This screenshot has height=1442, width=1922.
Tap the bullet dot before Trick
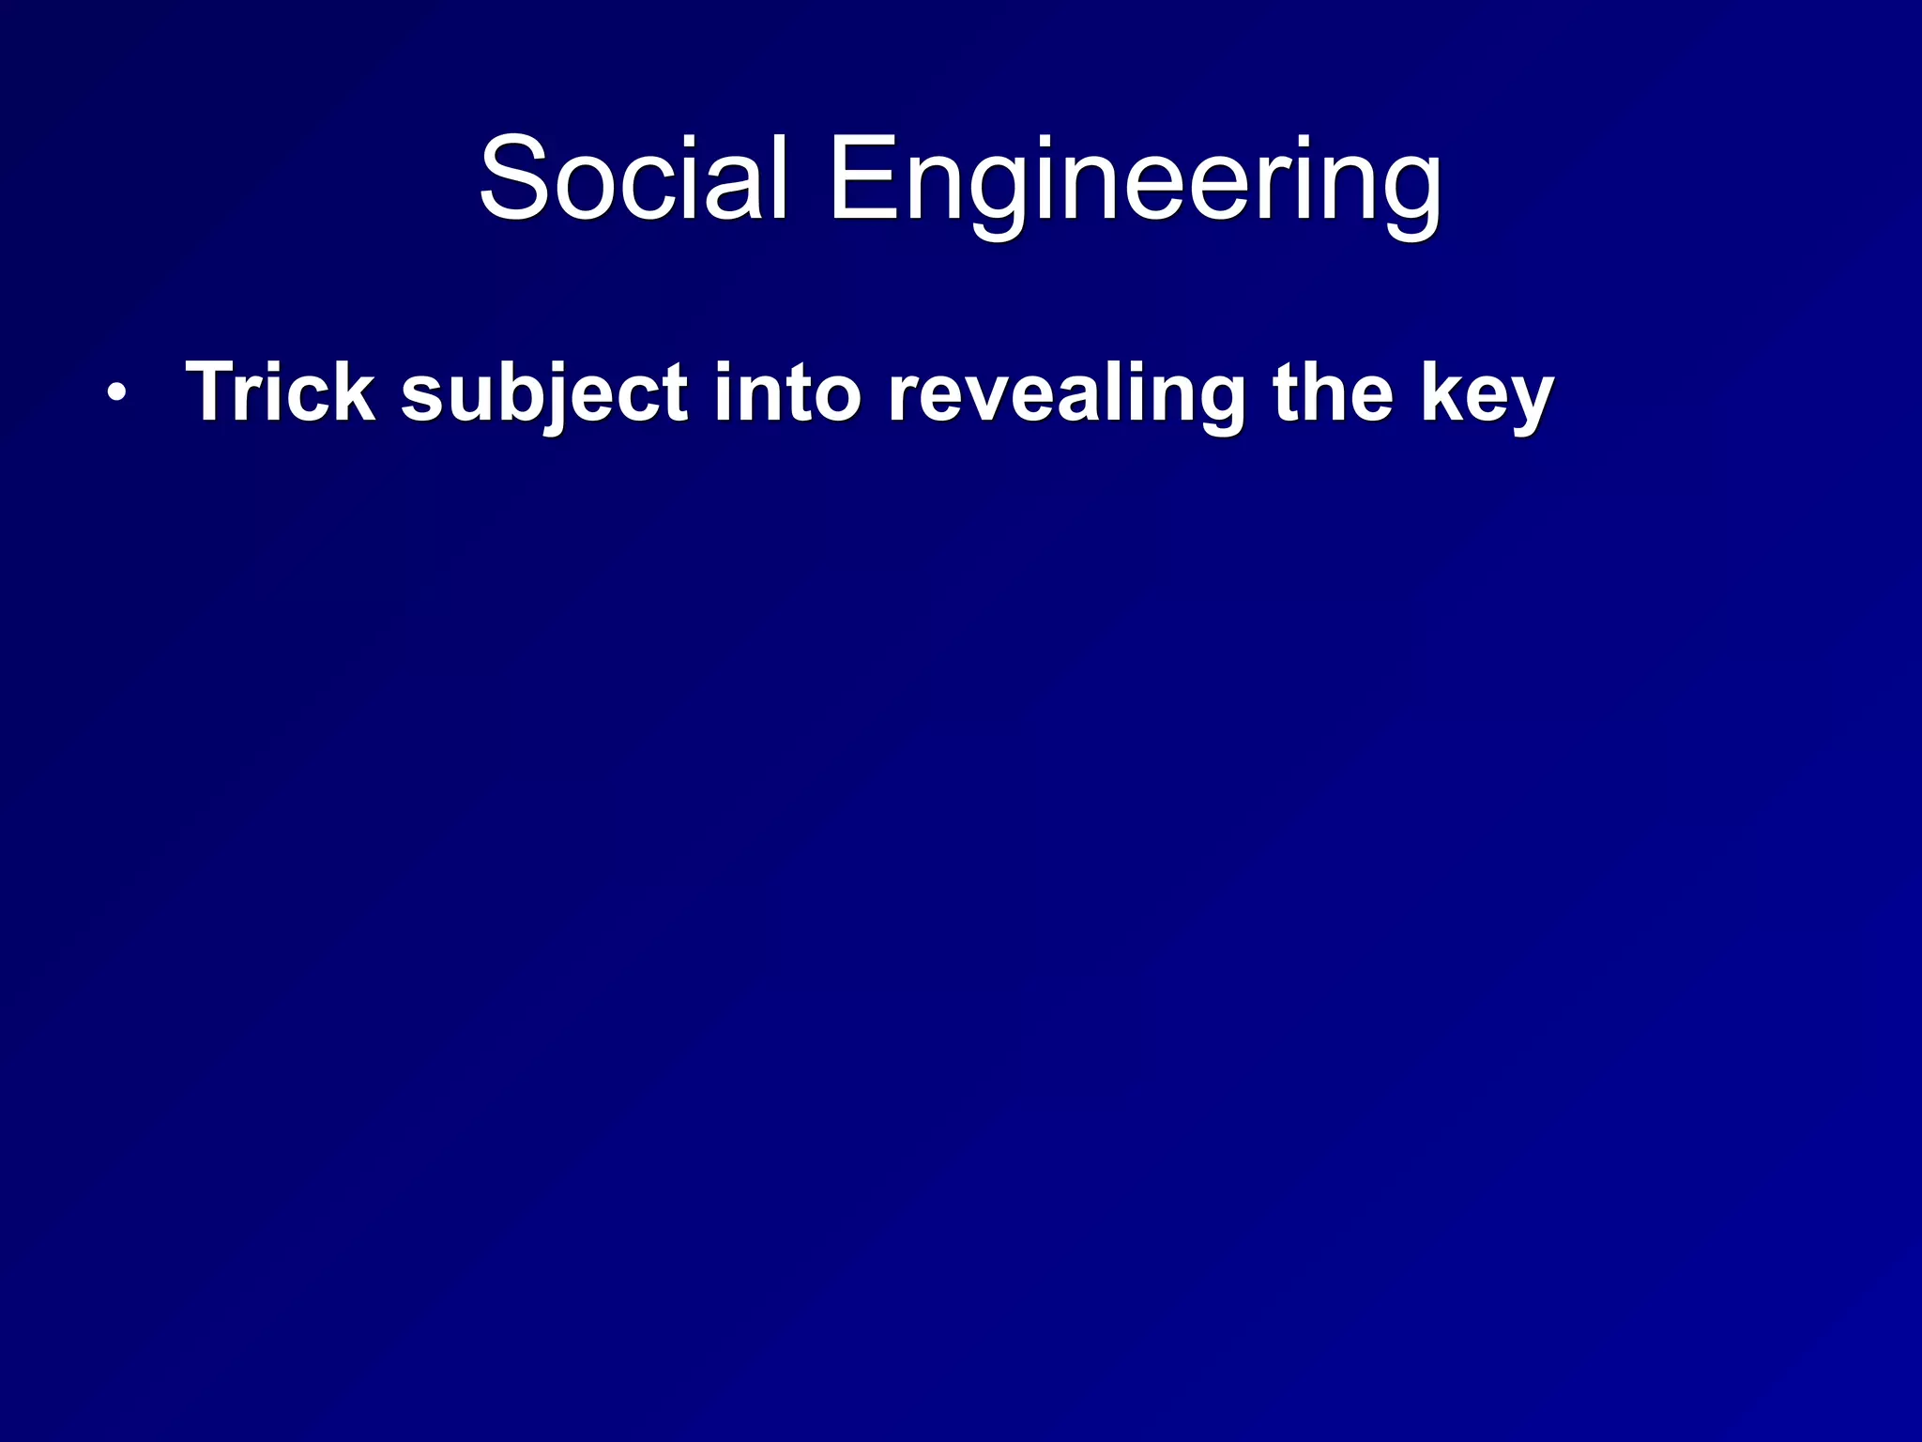(x=115, y=393)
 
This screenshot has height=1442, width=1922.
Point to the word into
(x=786, y=392)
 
